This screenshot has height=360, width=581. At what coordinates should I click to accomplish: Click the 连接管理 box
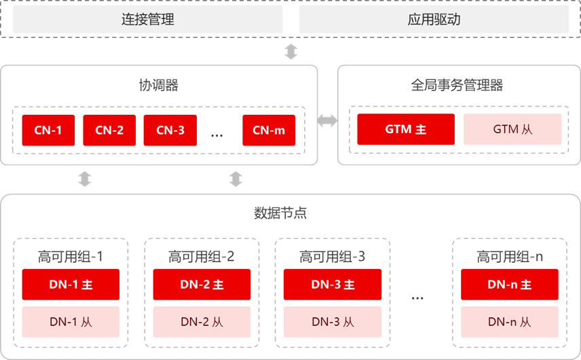click(x=148, y=19)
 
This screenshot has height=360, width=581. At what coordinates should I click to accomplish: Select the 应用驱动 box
click(x=434, y=19)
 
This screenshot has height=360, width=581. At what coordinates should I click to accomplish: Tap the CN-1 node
click(x=48, y=130)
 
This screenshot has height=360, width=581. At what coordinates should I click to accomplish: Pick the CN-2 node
click(x=109, y=130)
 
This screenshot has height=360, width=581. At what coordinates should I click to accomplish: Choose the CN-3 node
click(x=170, y=130)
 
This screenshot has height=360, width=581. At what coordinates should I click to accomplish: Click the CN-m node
click(x=269, y=130)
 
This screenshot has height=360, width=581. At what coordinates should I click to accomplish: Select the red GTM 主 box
click(x=406, y=129)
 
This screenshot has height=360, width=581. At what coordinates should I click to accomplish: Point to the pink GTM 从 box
click(x=512, y=129)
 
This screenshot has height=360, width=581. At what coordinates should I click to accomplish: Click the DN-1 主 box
click(x=71, y=285)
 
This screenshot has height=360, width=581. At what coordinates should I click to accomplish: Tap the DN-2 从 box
click(x=202, y=322)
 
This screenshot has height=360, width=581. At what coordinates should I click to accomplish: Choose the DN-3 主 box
click(x=333, y=285)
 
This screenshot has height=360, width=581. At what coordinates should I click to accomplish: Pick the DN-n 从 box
click(x=510, y=322)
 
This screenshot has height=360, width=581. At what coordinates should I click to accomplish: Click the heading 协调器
click(x=159, y=86)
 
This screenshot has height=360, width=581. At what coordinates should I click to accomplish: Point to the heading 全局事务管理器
click(x=457, y=86)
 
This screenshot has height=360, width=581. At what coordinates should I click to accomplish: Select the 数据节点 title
click(x=280, y=213)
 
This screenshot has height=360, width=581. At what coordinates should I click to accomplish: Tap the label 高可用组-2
click(x=201, y=257)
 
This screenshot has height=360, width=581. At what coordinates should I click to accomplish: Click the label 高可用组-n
click(x=510, y=257)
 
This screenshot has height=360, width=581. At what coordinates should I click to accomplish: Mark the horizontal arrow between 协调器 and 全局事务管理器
click(x=328, y=120)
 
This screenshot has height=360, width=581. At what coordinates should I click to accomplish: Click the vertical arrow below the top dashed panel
click(x=291, y=52)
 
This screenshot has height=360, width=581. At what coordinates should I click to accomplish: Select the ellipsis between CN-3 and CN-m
click(x=217, y=136)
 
